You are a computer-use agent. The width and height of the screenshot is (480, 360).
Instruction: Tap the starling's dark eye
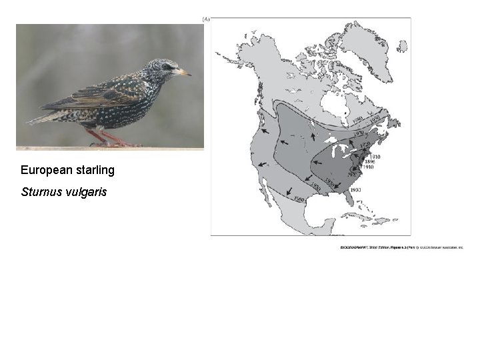(x=167, y=67)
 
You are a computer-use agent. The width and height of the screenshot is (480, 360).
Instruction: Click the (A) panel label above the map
(x=206, y=19)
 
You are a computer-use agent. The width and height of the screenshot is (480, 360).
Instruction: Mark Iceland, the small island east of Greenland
(x=401, y=46)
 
